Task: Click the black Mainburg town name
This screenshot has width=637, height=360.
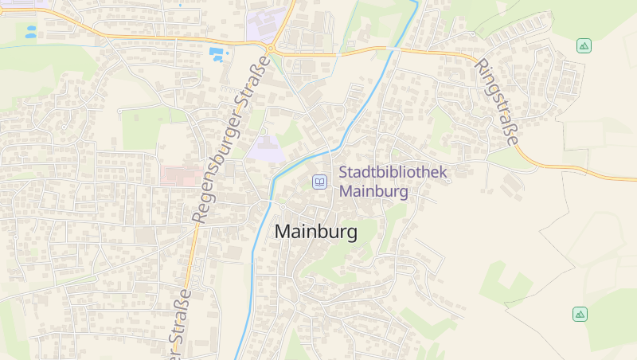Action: pyautogui.click(x=315, y=232)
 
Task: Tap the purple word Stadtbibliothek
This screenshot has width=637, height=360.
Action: pyautogui.click(x=393, y=172)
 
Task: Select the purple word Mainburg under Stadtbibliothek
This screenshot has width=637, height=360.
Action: pyautogui.click(x=373, y=192)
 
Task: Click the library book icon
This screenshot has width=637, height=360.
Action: pyautogui.click(x=319, y=182)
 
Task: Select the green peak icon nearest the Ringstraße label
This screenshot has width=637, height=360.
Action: pyautogui.click(x=584, y=46)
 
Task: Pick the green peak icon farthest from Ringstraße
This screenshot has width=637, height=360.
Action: pyautogui.click(x=580, y=314)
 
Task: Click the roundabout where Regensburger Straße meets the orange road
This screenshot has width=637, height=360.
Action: pyautogui.click(x=270, y=49)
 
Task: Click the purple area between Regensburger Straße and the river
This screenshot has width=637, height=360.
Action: pyautogui.click(x=266, y=148)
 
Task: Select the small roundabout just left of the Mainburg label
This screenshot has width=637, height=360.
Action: pyautogui.click(x=280, y=206)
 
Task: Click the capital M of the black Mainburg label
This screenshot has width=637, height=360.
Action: pyautogui.click(x=282, y=232)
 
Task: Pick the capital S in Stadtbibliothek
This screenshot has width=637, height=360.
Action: pyautogui.click(x=344, y=172)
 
